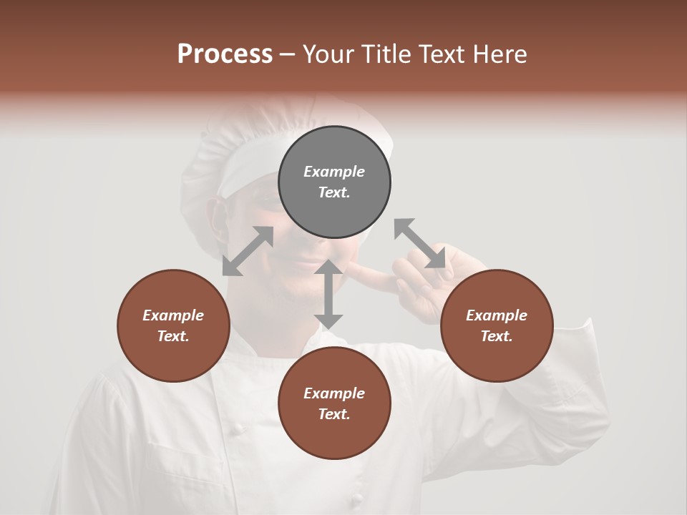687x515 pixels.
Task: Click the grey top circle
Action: [x=334, y=182]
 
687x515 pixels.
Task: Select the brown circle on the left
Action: [x=173, y=325]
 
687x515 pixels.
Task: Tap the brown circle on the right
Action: [x=497, y=325]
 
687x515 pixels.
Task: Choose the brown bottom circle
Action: [x=334, y=403]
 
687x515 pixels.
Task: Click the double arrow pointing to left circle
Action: [x=248, y=251]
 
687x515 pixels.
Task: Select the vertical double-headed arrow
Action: [x=328, y=294]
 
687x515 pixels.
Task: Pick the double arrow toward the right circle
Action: [x=420, y=243]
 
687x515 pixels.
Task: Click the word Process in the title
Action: [x=225, y=54]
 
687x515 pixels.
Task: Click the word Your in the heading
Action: [x=328, y=54]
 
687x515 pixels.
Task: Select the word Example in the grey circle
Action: [x=334, y=172]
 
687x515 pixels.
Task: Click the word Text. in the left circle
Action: [x=173, y=336]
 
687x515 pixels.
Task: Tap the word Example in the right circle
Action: [x=497, y=315]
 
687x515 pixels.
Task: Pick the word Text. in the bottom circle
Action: [x=334, y=414]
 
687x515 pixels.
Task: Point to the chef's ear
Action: [x=215, y=215]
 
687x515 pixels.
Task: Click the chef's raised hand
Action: [x=422, y=286]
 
